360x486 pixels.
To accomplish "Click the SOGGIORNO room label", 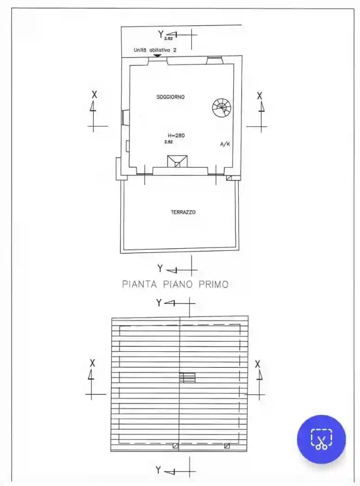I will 171,97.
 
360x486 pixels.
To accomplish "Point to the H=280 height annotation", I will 176,136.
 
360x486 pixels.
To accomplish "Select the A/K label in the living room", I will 225,144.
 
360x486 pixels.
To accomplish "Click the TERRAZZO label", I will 183,212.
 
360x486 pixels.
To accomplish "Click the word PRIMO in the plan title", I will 213,284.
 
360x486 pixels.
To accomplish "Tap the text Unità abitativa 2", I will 155,50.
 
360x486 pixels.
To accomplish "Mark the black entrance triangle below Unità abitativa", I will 157,56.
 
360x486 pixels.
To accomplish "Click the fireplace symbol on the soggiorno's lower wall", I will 177,161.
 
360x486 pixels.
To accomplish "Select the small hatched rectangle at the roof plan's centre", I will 187,378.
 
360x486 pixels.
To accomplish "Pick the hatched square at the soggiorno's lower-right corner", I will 229,177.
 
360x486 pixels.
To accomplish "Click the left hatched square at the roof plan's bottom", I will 175,446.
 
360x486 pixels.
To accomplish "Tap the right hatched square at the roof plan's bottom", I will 227,446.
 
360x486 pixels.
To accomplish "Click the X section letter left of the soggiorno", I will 94,94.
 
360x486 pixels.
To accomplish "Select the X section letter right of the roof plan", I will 258,364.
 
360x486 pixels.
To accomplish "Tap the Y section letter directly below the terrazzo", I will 160,268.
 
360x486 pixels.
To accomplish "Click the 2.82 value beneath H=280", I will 168,142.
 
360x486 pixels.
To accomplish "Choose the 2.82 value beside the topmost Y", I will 168,39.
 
